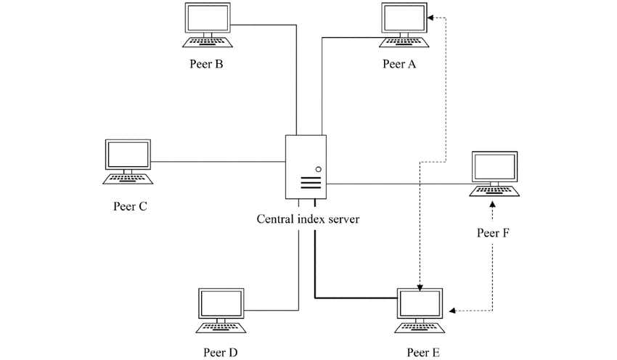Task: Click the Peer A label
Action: coord(399,64)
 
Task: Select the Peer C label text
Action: coord(131,205)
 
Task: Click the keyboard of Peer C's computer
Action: coord(128,178)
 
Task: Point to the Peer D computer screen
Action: coord(220,304)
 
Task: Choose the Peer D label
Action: coord(221,353)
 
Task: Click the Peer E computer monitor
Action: coord(420,304)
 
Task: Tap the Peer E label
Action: coord(424,353)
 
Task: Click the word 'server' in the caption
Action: coord(343,218)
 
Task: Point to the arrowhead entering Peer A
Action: coord(431,17)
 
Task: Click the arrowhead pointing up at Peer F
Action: coord(493,205)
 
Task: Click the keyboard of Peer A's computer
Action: coord(406,41)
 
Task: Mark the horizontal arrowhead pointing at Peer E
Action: coord(452,311)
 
